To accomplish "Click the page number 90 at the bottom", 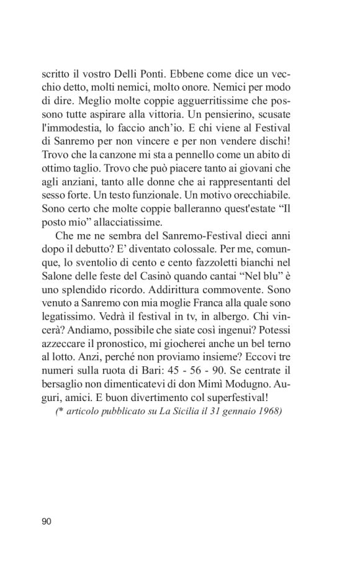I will point(47,521).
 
